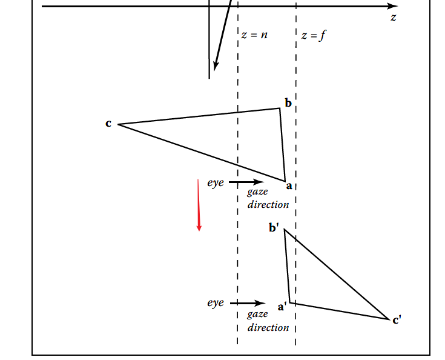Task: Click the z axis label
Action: tap(394, 18)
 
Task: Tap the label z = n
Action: tap(254, 35)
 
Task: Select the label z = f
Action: tap(314, 35)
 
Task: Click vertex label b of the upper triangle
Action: tap(288, 103)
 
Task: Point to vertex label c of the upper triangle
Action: tap(108, 124)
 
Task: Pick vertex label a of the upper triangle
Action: tap(289, 185)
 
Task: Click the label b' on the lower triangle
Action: tap(274, 228)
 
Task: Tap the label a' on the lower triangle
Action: tap(282, 307)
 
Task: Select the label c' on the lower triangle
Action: tap(397, 320)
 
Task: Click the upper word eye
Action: tap(216, 181)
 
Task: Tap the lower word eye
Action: tap(216, 302)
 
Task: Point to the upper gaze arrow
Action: tap(246, 181)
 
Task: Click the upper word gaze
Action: tap(257, 192)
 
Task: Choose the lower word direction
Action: tap(268, 327)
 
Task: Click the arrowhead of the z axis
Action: tap(391, 6)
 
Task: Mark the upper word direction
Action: tap(268, 204)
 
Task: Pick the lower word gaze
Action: tap(257, 315)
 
